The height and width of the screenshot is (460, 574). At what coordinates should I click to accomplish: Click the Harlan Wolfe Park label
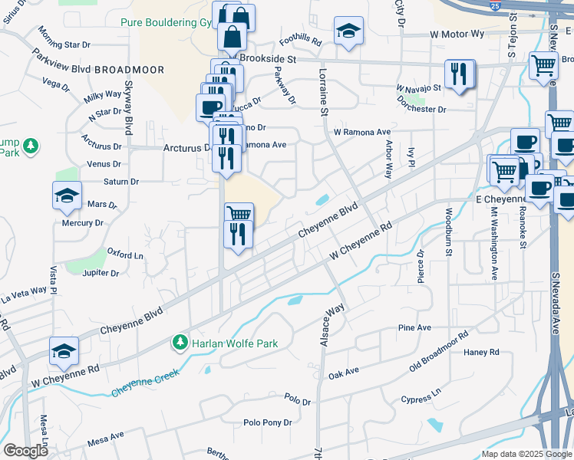click(x=235, y=342)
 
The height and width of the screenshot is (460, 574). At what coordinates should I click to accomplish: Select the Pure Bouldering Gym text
click(x=167, y=22)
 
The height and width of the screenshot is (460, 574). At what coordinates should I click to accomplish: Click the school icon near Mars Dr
click(x=66, y=195)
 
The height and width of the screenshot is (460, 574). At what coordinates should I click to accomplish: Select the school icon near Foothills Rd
click(x=348, y=31)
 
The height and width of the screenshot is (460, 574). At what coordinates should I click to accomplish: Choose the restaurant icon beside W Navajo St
click(x=459, y=74)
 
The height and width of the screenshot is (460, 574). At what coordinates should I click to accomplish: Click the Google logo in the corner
click(x=26, y=451)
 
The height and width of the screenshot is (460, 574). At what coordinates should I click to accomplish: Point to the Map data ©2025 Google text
click(x=526, y=454)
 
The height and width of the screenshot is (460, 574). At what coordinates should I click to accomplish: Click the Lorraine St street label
click(x=323, y=91)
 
